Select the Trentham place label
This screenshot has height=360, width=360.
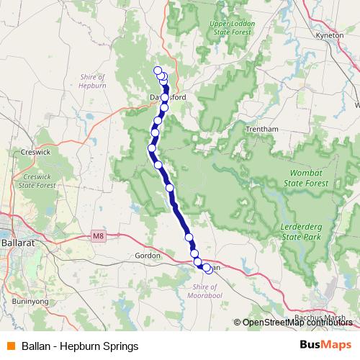coord(261,129)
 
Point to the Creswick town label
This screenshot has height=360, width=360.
coord(34,152)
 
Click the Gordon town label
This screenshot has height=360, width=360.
coord(148,255)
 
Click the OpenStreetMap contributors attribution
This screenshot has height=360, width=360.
coord(297,323)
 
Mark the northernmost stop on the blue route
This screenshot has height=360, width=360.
coord(158,70)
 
